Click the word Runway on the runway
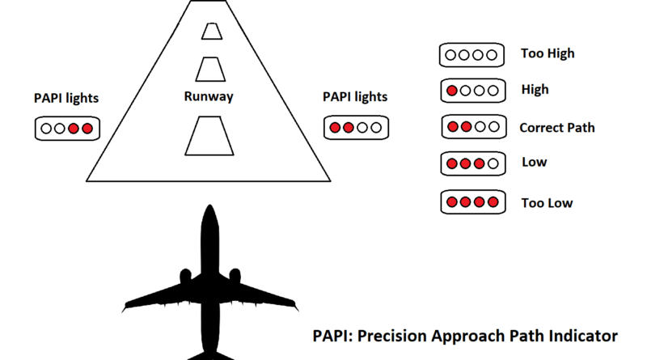(x=209, y=96)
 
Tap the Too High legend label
(x=548, y=53)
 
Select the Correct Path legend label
(x=557, y=128)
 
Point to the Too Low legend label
(x=547, y=203)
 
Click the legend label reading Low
(x=535, y=162)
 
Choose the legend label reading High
(x=535, y=90)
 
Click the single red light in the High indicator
(x=452, y=91)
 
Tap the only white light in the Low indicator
(x=493, y=164)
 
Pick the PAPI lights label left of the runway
(x=66, y=98)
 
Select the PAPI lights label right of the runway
(x=355, y=97)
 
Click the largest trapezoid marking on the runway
(x=209, y=136)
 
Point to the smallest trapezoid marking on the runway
(x=212, y=32)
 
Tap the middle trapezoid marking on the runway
(x=210, y=70)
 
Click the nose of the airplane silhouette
(x=209, y=205)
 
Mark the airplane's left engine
(x=185, y=276)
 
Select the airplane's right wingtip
(x=296, y=307)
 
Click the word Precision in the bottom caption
(x=391, y=336)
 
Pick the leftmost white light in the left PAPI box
(x=46, y=129)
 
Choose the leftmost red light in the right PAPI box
(x=335, y=128)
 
